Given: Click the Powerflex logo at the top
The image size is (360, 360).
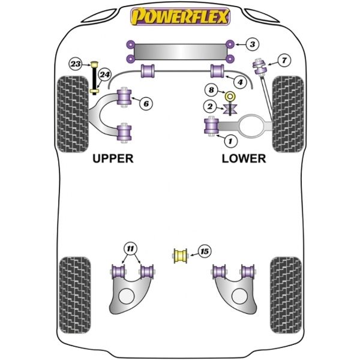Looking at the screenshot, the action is pos(180,16).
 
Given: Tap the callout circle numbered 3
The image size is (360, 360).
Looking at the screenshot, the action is pos(253,44).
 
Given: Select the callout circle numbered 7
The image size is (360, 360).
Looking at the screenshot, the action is pos(284,61).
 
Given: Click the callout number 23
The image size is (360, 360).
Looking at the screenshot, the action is pos(76,64).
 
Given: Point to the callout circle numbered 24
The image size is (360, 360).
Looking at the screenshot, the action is pos(104,74).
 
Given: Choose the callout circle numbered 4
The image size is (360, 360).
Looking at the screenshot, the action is pos(240,82).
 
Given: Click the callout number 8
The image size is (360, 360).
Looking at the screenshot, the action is pos(211,90).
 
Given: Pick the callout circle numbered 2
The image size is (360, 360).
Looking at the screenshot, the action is pos(210,106).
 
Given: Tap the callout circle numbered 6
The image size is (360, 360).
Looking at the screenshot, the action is pos(146,104).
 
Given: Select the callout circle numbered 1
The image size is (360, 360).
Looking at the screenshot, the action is pos(230,141).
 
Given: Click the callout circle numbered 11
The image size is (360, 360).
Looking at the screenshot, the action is pos(130,248).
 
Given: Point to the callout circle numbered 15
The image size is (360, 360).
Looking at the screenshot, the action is pos(205,251).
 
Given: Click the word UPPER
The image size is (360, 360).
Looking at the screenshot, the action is pos(113,158).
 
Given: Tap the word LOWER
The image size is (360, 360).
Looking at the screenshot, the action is pos(244,158).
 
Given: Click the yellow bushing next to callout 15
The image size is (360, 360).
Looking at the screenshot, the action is pos(180,256).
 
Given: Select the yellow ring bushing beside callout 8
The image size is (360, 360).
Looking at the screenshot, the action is pos(230,97).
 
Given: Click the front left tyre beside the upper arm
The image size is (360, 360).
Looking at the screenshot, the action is pos(73,114).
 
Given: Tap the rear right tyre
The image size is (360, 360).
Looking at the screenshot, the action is pos(286,295).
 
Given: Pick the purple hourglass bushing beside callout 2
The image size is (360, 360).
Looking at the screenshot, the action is pos(230,109).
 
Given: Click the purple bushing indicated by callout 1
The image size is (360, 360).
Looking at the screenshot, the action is pos(211,126).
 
